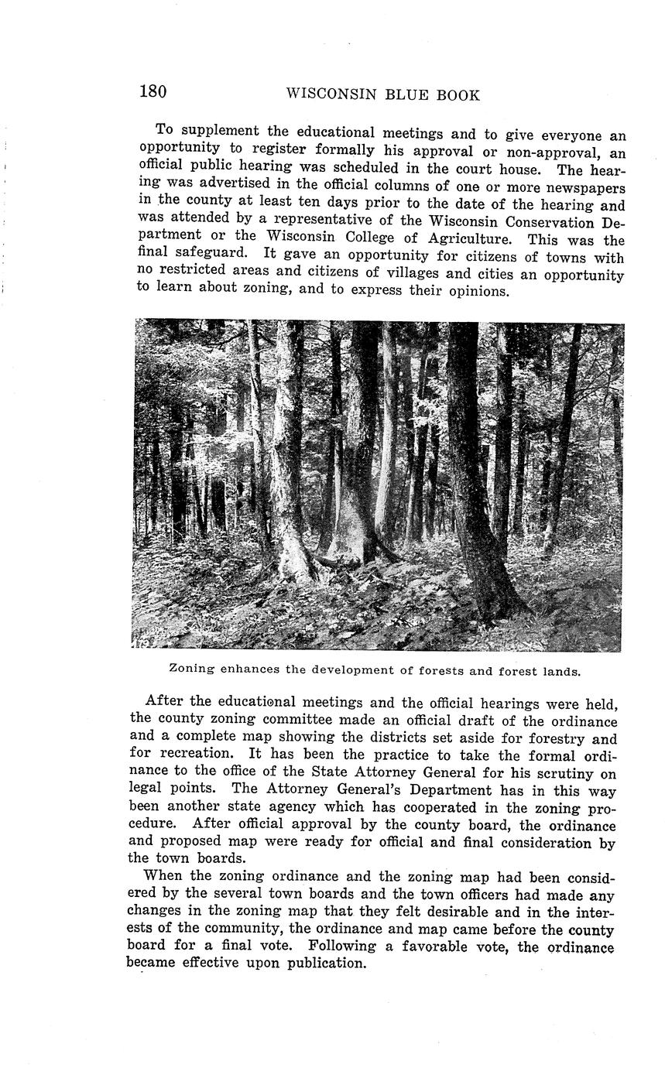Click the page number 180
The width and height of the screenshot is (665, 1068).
coord(153,91)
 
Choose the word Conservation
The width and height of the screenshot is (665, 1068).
coord(542,221)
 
